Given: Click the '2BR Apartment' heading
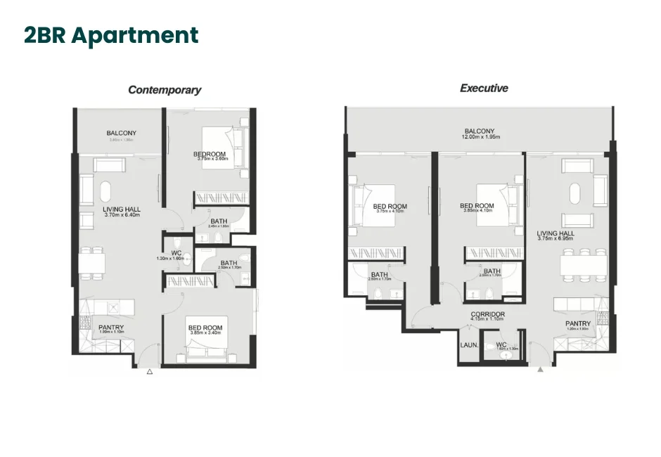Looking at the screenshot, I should (x=111, y=35).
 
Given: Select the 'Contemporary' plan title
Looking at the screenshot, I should (x=165, y=90).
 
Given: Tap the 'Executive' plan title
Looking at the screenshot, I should (x=484, y=89).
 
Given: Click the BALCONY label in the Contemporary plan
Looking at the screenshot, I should (x=121, y=133).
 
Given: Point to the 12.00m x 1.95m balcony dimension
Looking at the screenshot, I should (x=481, y=137).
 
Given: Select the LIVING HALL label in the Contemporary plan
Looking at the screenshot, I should (x=121, y=210).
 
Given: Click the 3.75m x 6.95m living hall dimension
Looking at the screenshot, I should (x=556, y=240).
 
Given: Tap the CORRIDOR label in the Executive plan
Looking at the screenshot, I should (x=488, y=314).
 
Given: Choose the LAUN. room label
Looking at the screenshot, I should (x=469, y=345).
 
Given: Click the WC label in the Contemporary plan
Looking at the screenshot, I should (x=176, y=253).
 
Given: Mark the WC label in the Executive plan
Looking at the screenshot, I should (x=501, y=345).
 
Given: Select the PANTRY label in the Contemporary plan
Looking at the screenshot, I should (x=111, y=327).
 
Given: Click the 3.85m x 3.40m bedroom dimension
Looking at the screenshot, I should (x=205, y=333).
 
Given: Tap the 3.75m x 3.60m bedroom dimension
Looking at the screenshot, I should (x=210, y=159).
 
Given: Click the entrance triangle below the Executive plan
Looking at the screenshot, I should (x=540, y=369).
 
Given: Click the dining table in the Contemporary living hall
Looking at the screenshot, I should (x=92, y=262).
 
